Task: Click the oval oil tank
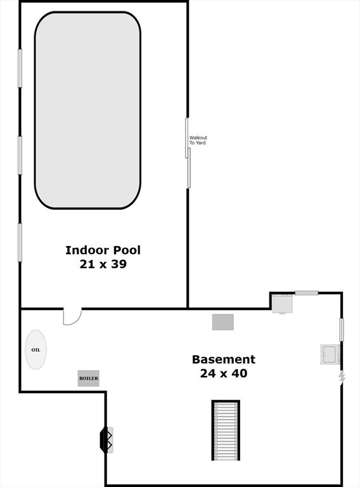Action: pyautogui.click(x=35, y=350)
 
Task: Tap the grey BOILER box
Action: pyautogui.click(x=89, y=379)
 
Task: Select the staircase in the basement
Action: pyautogui.click(x=226, y=431)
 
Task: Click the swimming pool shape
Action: pyautogui.click(x=88, y=110)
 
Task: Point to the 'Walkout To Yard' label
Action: pyautogui.click(x=198, y=140)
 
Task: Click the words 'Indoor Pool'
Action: pyautogui.click(x=103, y=250)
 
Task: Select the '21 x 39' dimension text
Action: pyautogui.click(x=103, y=264)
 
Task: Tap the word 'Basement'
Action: pyautogui.click(x=224, y=360)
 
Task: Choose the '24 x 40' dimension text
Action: pyautogui.click(x=224, y=373)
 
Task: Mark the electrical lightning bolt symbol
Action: pyautogui.click(x=342, y=377)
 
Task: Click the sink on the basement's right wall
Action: pyautogui.click(x=330, y=354)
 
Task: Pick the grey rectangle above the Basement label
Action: pyautogui.click(x=223, y=322)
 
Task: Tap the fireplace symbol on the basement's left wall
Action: pyautogui.click(x=106, y=440)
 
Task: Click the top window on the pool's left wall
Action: pyautogui.click(x=20, y=68)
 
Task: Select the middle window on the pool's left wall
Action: pyautogui.click(x=20, y=155)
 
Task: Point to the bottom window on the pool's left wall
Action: pyautogui.click(x=20, y=243)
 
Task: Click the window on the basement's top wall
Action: pyautogui.click(x=306, y=292)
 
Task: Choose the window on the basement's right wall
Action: pyautogui.click(x=342, y=330)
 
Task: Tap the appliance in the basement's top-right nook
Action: pyautogui.click(x=283, y=304)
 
